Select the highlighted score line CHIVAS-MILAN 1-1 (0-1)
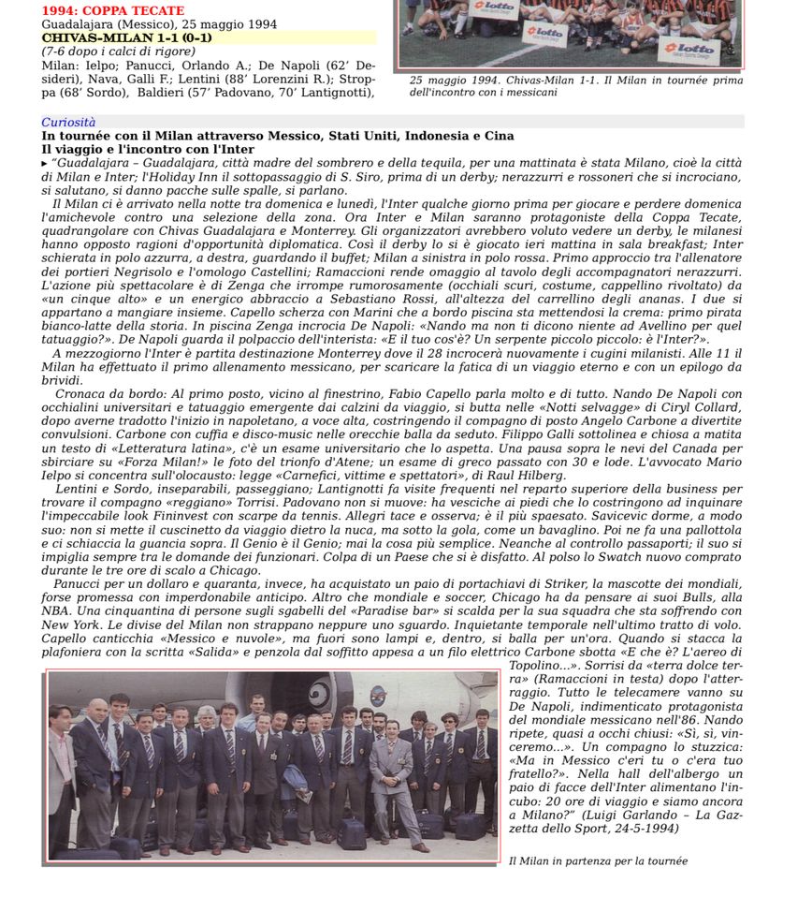pyautogui.click(x=126, y=37)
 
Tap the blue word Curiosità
pyautogui.click(x=68, y=123)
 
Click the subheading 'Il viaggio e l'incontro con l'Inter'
pyautogui.click(x=148, y=149)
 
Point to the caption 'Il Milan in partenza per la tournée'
pyautogui.click(x=598, y=860)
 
